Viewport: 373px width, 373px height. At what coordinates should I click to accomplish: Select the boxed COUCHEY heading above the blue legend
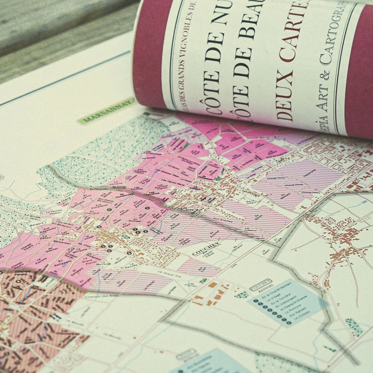pyautogui.click(x=260, y=287)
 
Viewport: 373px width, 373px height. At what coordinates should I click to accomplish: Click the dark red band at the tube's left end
pyautogui.click(x=149, y=55)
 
